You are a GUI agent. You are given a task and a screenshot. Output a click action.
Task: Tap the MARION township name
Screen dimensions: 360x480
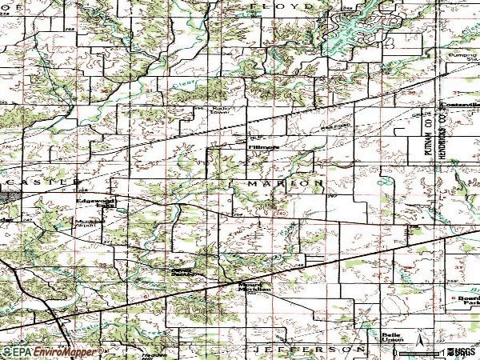point(285,183)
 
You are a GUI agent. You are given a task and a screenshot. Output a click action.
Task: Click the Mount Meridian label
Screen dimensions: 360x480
point(254,286)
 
